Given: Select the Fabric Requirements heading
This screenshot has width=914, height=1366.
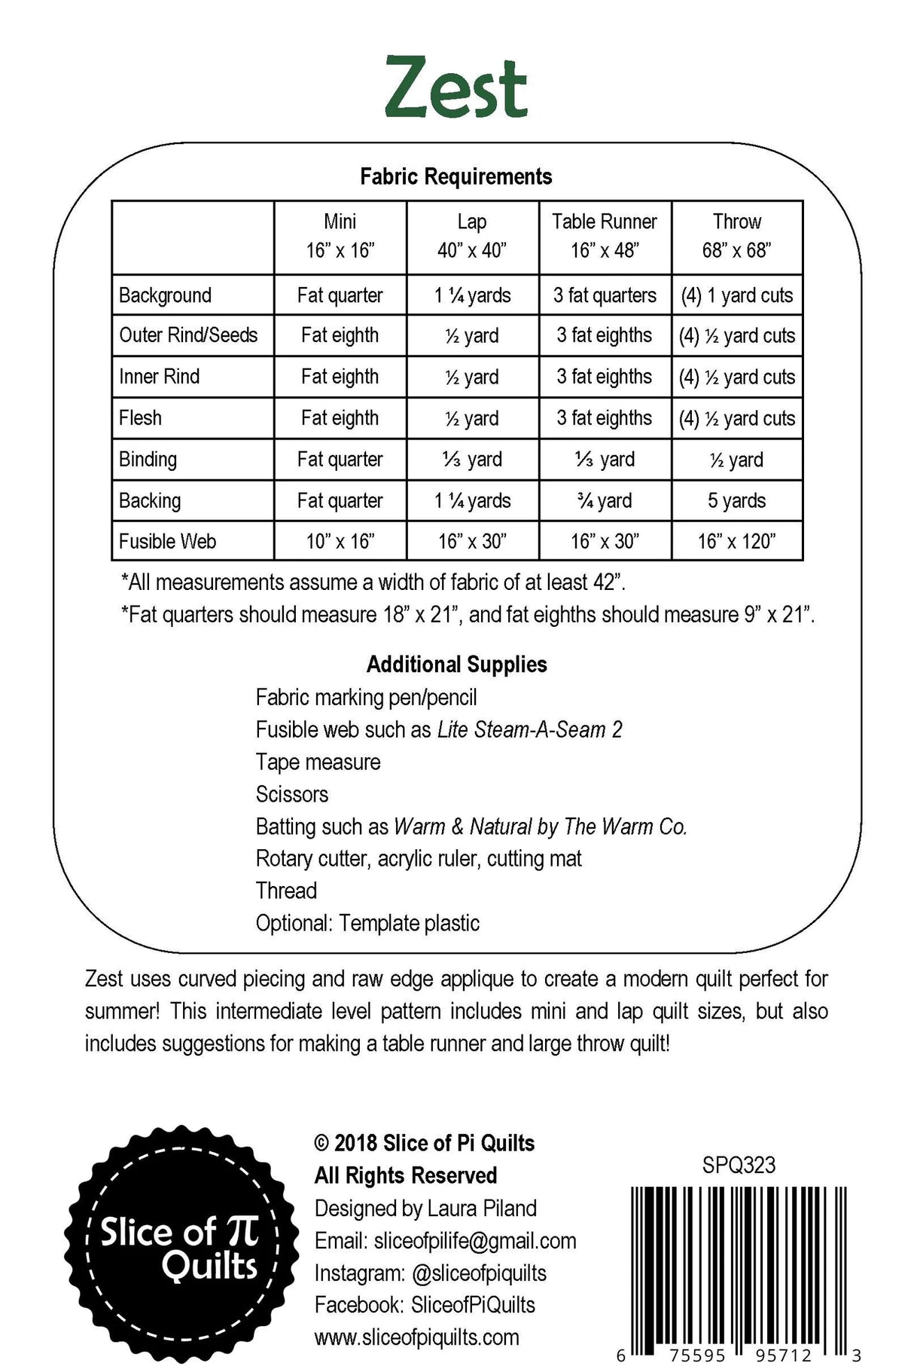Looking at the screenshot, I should (x=456, y=177).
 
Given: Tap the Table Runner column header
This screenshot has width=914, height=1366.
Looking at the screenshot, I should (x=605, y=236).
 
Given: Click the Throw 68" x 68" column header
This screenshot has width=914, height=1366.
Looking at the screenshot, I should (x=737, y=236).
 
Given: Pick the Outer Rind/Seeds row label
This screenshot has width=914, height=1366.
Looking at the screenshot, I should (x=188, y=335).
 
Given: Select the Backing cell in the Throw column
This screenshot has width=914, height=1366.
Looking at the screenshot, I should (x=737, y=501).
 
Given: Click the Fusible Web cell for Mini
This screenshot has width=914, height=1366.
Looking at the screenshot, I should (x=340, y=542).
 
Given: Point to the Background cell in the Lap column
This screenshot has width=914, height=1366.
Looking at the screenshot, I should (x=473, y=295).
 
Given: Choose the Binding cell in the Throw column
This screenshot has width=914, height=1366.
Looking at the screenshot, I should (x=737, y=460).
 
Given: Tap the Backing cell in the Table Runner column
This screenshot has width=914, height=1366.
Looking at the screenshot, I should (x=605, y=501).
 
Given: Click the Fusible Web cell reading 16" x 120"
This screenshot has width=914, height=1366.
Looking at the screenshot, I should (x=737, y=542).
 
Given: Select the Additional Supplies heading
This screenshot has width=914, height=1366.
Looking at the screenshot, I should (x=456, y=665).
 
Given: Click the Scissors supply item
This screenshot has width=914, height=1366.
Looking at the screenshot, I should (x=292, y=794).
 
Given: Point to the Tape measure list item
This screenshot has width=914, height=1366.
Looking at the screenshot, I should (x=318, y=762).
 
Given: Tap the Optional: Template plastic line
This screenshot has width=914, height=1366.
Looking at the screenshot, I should (x=367, y=923).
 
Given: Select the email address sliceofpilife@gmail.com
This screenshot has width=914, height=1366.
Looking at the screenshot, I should (x=474, y=1241).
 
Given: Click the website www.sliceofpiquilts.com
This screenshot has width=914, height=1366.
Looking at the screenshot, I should (x=416, y=1337).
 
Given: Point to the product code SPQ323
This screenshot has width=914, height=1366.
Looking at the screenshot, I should (x=739, y=1166).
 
